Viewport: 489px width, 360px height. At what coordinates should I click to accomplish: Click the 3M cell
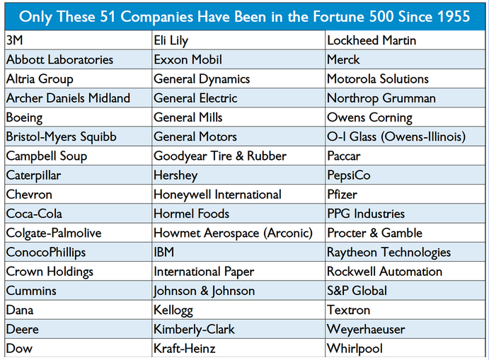15,41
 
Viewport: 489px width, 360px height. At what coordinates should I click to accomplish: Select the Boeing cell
25,117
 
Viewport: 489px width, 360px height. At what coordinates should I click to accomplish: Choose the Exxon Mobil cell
189,60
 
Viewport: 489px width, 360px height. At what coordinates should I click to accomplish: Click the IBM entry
164,252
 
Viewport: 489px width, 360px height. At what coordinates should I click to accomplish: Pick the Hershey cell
176,175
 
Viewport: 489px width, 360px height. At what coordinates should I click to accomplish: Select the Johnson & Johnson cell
204,291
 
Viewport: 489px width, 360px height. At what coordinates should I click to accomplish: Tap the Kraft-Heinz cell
184,349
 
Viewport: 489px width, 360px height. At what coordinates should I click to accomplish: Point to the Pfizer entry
342,194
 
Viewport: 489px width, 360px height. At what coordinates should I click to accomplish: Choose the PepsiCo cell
349,175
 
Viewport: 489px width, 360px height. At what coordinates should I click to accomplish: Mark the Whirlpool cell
355,349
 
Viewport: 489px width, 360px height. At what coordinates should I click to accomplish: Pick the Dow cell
19,349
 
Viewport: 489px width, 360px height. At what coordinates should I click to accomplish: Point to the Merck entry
343,60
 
